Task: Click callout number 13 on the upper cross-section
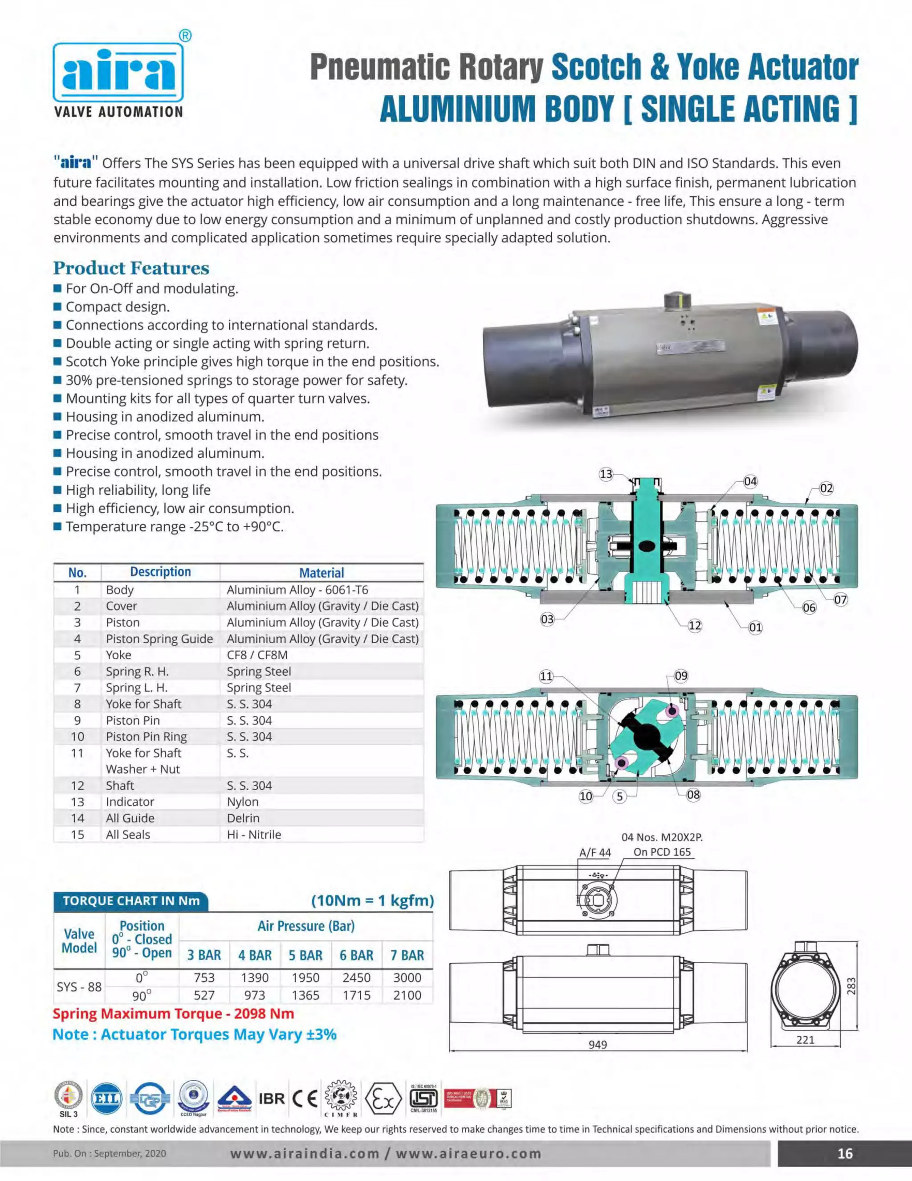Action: [606, 474]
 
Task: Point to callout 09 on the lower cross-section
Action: [681, 676]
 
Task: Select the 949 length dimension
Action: [598, 1044]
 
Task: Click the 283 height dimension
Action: [851, 985]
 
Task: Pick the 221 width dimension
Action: [805, 1039]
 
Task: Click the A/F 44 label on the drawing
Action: [594, 853]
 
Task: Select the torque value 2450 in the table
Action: [356, 978]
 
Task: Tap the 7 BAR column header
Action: [407, 955]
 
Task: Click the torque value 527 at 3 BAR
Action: [204, 995]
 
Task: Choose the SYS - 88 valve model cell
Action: [79, 986]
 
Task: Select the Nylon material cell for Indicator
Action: [243, 801]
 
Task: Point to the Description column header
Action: [160, 572]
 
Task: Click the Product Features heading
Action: [131, 268]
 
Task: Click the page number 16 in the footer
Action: [844, 1153]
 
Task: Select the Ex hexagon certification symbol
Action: [383, 1099]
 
